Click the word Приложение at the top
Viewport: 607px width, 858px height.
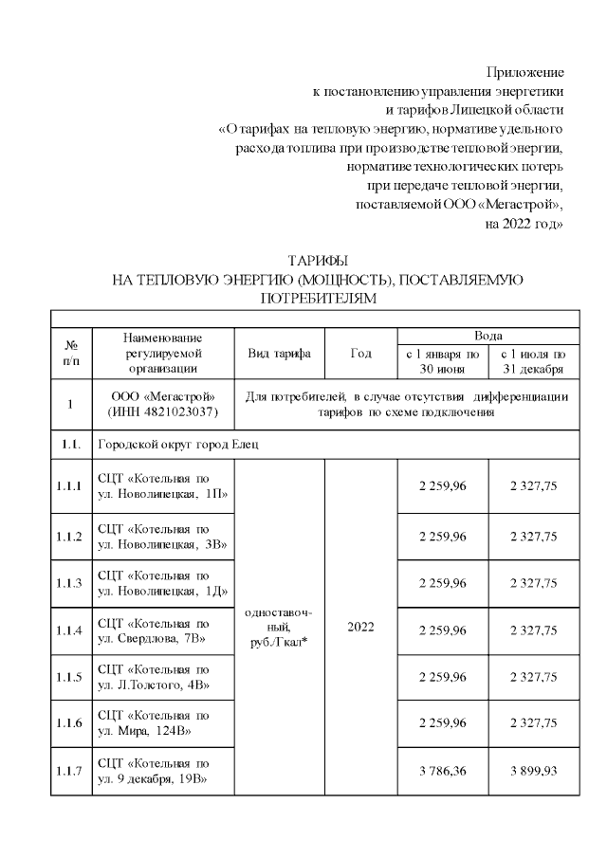(x=525, y=72)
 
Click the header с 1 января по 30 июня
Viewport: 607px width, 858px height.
(x=442, y=361)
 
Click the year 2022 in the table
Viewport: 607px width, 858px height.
(x=360, y=628)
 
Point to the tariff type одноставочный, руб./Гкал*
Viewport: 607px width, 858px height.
(x=279, y=628)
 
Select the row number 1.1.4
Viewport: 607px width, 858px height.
(x=71, y=630)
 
